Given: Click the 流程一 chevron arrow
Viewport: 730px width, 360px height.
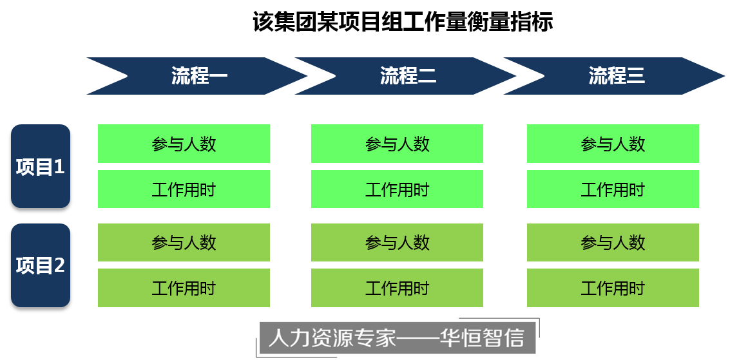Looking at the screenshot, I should (x=199, y=76).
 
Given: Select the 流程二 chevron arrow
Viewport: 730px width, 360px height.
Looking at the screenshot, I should (x=408, y=76).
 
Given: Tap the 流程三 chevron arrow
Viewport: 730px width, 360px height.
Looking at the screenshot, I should (x=617, y=76).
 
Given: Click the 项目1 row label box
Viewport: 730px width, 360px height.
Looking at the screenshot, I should (x=40, y=166).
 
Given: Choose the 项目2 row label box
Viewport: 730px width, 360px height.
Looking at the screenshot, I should (x=40, y=265).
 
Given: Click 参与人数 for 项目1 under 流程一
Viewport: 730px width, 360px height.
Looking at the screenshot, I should (x=184, y=144).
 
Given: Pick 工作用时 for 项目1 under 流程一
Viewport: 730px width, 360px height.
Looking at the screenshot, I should (x=184, y=189).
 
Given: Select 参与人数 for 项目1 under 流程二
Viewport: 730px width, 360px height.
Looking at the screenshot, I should (x=397, y=144).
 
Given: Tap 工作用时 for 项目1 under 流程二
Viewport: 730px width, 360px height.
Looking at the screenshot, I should (x=397, y=189).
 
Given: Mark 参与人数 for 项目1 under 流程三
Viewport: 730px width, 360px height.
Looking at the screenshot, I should (x=613, y=144).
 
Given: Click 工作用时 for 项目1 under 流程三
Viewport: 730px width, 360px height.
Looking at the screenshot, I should (x=613, y=189).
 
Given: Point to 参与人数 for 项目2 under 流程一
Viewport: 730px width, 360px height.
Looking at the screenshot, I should (x=184, y=243).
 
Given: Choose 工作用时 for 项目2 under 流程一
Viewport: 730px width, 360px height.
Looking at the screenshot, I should (x=184, y=288).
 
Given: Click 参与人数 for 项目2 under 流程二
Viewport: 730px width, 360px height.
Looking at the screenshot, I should (x=397, y=243).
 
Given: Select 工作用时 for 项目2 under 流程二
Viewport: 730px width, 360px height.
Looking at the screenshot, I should (x=397, y=288).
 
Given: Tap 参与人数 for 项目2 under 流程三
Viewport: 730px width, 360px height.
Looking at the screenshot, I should (x=613, y=243).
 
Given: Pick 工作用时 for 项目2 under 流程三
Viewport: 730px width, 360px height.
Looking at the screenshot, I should (x=613, y=288).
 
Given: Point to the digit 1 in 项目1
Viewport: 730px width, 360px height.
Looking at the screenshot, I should (x=59, y=167).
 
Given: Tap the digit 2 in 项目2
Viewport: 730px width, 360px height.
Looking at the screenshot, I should (x=59, y=265).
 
